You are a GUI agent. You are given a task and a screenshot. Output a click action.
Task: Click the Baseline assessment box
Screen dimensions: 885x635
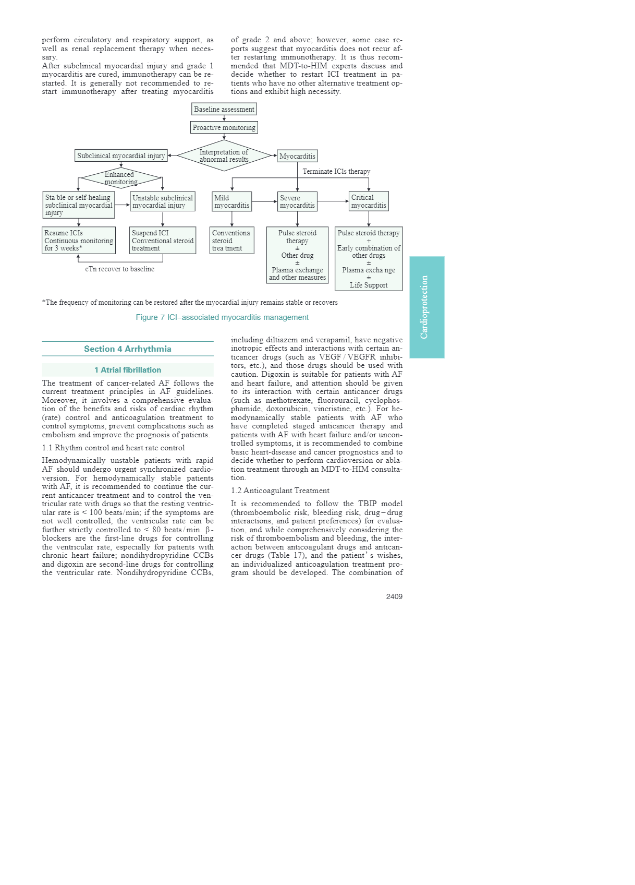pos(224,109)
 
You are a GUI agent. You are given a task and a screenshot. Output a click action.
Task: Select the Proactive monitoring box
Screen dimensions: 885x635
pos(224,127)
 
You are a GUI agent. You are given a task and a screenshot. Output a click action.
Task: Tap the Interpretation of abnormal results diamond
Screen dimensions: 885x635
pos(224,156)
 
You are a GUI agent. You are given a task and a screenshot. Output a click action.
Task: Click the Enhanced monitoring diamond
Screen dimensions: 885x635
pos(120,178)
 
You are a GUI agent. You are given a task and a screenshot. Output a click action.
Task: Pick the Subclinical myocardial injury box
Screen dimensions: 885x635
pos(121,156)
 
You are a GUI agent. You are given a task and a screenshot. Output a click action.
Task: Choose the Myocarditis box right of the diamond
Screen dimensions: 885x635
pos(297,156)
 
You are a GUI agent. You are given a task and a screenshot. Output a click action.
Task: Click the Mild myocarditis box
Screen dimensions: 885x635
pos(232,201)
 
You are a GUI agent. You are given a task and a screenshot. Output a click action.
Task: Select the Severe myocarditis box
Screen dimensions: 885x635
pos(297,201)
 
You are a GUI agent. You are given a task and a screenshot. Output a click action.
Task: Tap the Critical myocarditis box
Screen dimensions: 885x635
pos(369,201)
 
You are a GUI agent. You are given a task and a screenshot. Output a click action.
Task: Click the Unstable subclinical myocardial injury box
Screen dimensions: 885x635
pos(163,201)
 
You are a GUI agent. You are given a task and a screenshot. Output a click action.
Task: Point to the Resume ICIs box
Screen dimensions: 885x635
pos(79,241)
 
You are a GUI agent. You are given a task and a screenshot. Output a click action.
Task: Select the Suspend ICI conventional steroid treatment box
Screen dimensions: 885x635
pos(163,241)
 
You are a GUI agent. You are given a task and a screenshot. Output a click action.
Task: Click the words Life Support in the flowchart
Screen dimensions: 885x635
pos(369,285)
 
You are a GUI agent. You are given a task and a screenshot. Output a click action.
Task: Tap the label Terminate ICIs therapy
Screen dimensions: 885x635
pos(336,171)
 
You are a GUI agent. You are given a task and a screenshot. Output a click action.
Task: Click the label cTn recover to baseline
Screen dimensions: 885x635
pos(120,269)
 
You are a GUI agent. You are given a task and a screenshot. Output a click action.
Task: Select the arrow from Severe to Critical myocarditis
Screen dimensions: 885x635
pos(333,201)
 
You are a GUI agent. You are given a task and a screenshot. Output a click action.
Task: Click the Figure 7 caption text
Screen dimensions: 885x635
pos(222,317)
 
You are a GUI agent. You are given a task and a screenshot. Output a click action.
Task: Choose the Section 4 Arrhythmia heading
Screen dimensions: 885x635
pos(128,349)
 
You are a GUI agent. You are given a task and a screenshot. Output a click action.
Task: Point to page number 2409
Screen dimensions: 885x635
pos(394,596)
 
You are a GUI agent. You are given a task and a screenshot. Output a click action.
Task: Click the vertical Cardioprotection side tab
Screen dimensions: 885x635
pos(426,307)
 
